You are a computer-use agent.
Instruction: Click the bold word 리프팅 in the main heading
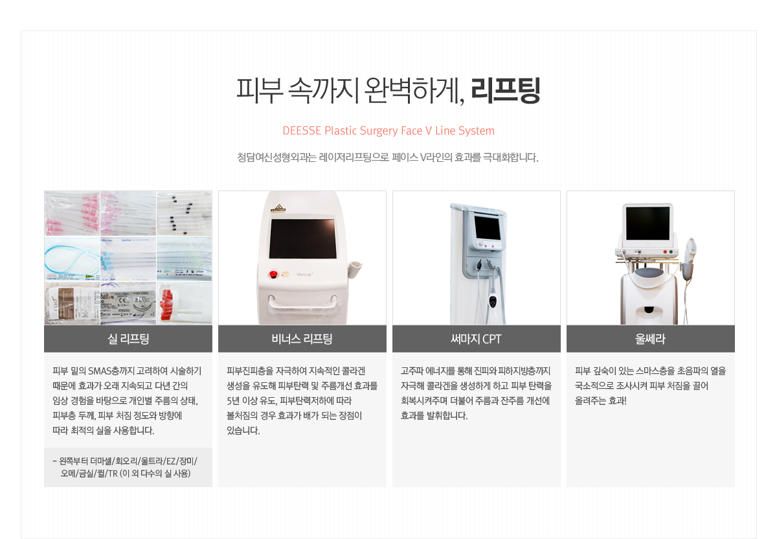click(x=506, y=90)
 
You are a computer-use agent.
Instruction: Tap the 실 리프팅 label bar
click(x=128, y=339)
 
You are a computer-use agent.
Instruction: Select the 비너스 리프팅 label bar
click(x=302, y=339)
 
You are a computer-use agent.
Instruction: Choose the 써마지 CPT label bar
click(x=477, y=339)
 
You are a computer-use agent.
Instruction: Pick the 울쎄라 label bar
click(x=650, y=339)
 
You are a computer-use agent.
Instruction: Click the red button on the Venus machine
click(x=274, y=275)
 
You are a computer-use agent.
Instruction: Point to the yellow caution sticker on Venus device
click(x=278, y=209)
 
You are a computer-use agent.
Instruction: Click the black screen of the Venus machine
click(x=303, y=238)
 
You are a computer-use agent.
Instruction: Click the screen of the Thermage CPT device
click(x=488, y=227)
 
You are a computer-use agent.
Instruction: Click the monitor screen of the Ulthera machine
click(x=647, y=223)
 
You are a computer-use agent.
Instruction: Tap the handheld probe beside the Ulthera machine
click(x=690, y=257)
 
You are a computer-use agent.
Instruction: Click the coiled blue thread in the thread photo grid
click(x=72, y=258)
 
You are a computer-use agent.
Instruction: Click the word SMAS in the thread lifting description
click(x=99, y=371)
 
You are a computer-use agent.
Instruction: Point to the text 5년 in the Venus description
click(x=233, y=401)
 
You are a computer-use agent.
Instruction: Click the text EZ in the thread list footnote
click(x=171, y=461)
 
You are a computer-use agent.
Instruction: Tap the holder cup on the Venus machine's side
click(x=355, y=269)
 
